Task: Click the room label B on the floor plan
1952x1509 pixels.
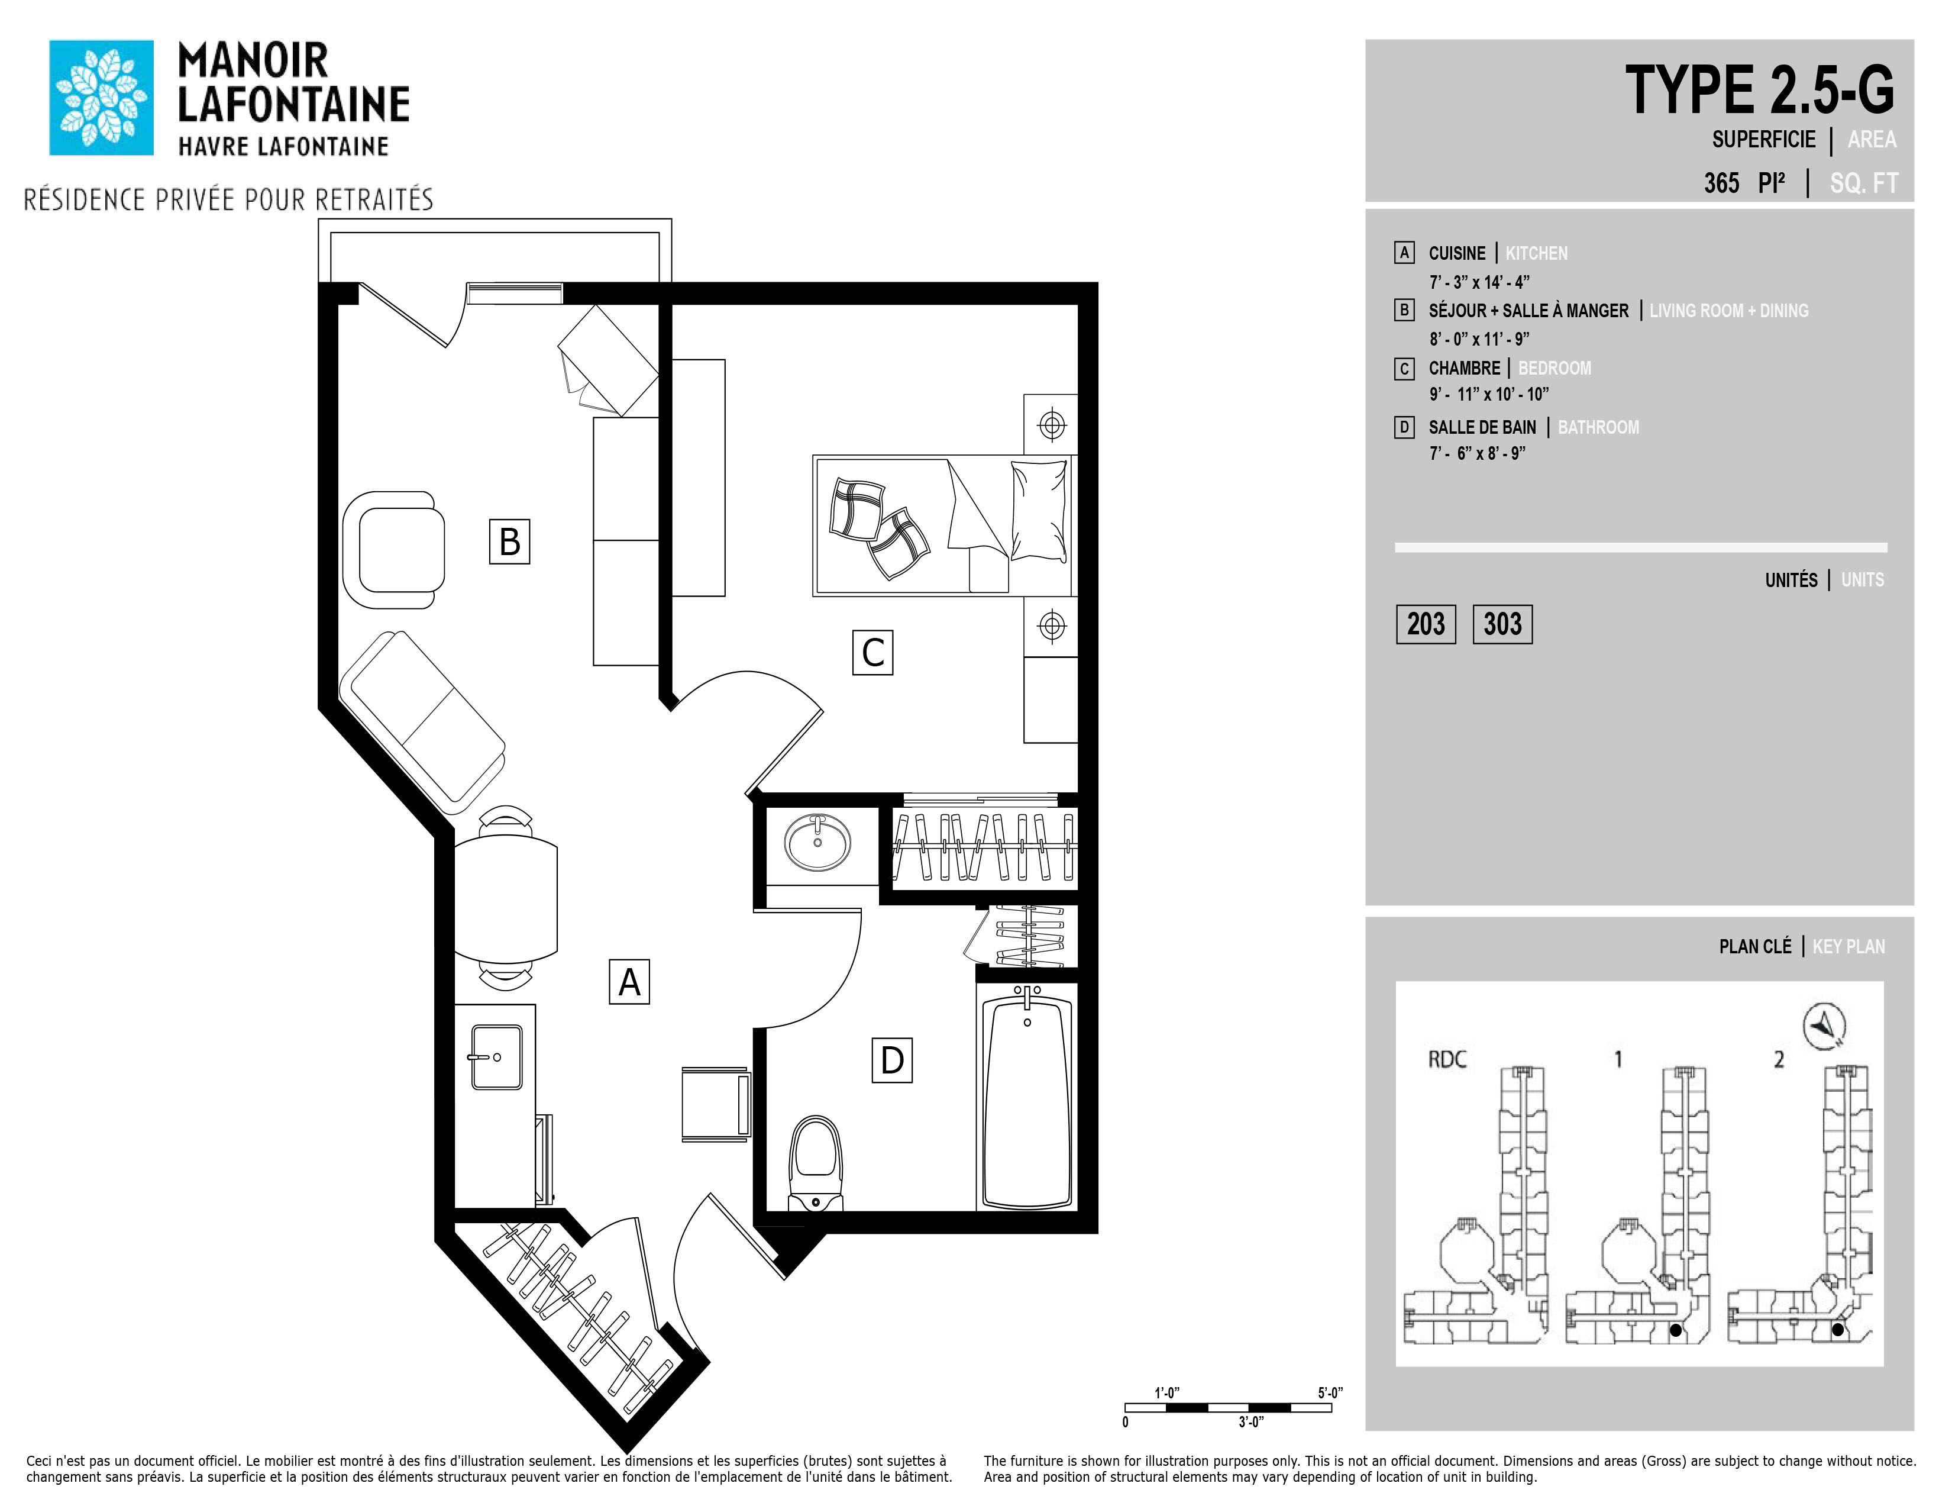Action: [509, 541]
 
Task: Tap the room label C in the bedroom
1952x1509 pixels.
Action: [872, 653]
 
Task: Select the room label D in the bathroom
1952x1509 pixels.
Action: [892, 1060]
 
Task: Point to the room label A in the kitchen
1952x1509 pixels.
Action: [629, 982]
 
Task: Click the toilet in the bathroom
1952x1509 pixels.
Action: [817, 1163]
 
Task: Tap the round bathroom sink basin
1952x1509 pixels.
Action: [818, 841]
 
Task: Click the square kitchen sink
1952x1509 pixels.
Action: [497, 1057]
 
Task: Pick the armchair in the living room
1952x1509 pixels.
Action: [393, 550]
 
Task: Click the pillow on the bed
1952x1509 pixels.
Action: [1039, 511]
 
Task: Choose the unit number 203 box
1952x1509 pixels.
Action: [1426, 624]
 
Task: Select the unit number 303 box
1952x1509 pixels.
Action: [1502, 624]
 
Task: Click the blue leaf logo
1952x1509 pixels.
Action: [101, 98]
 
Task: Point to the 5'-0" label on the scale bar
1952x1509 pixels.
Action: [1330, 1393]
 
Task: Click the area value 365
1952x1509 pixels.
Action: [1721, 183]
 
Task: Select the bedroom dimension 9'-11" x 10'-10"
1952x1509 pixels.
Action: [1489, 394]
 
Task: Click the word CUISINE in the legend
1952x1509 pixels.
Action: [1457, 253]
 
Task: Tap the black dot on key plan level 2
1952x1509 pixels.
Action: [1838, 1355]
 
